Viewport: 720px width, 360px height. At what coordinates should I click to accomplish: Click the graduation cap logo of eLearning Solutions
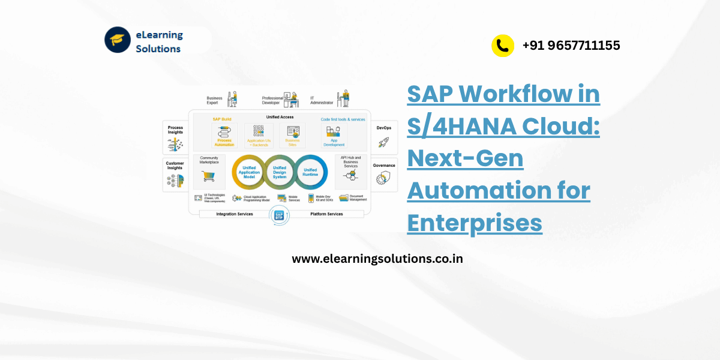(118, 40)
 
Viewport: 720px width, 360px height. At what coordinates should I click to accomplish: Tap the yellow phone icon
(503, 46)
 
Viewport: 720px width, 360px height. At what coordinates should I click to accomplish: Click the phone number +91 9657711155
(571, 45)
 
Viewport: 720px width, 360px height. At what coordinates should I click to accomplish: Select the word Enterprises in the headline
(475, 223)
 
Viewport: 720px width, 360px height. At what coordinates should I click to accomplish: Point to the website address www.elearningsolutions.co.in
(377, 259)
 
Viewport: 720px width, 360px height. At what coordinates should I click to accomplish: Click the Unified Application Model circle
(249, 173)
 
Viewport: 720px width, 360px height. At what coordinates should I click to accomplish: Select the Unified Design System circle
(280, 173)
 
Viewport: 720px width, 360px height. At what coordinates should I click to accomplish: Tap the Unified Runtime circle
(310, 173)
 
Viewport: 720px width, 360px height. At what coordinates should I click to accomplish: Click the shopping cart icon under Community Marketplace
(208, 176)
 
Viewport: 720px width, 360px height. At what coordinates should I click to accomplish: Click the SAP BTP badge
(279, 215)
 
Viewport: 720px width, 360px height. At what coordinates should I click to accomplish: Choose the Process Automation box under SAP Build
(224, 136)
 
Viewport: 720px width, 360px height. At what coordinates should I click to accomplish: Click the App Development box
(334, 136)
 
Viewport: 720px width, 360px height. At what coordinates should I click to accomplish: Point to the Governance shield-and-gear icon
(384, 178)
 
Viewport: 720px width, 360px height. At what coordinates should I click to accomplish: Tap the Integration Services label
(235, 214)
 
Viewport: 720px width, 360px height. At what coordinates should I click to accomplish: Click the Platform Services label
(326, 214)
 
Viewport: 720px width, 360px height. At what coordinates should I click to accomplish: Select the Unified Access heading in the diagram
(280, 117)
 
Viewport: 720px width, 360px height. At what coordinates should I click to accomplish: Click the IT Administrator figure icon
(343, 98)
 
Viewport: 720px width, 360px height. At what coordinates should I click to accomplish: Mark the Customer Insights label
(175, 166)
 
